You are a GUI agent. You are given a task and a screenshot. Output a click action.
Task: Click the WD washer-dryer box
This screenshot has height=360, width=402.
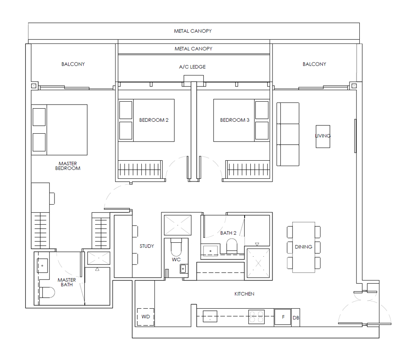(x=145, y=317)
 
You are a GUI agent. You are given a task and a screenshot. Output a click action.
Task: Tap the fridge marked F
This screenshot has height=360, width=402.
(x=283, y=317)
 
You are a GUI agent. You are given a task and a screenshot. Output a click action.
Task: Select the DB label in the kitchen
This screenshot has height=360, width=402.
(x=296, y=318)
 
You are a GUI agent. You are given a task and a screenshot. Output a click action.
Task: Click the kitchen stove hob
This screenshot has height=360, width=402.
(x=257, y=317)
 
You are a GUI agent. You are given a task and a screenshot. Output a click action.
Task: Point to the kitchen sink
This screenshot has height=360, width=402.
(x=210, y=317)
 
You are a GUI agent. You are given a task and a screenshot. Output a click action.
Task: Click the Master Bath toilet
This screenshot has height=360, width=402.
(x=47, y=292)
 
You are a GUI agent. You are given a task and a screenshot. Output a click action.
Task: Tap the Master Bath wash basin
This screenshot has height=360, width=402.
(x=42, y=266)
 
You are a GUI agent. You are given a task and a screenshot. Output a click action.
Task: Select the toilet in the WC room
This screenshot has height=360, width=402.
(x=176, y=246)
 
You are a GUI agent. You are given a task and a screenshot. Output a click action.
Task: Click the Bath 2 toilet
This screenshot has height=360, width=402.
(x=232, y=246)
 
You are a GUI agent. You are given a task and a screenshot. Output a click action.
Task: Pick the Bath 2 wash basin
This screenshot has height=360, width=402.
(x=210, y=251)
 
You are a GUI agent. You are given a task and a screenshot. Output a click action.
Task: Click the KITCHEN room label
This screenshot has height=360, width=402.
(x=244, y=294)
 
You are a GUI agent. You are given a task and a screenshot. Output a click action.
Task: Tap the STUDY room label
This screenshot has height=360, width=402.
(x=147, y=246)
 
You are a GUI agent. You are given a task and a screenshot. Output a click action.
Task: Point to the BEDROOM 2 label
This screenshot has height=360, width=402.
(x=154, y=120)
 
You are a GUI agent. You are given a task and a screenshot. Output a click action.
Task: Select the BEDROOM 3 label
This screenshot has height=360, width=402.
(x=234, y=120)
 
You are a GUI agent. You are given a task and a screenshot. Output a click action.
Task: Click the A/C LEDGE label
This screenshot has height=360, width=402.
(x=192, y=67)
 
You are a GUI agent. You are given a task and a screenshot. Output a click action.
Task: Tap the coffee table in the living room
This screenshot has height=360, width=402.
(x=323, y=137)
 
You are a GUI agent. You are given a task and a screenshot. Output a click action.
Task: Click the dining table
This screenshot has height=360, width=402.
(x=304, y=247)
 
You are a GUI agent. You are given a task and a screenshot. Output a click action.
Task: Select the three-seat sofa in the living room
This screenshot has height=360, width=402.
(x=288, y=134)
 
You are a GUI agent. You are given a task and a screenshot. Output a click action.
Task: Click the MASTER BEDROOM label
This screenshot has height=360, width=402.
(x=68, y=166)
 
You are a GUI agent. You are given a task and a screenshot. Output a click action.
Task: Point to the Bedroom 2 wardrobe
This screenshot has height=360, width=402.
(x=140, y=169)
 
